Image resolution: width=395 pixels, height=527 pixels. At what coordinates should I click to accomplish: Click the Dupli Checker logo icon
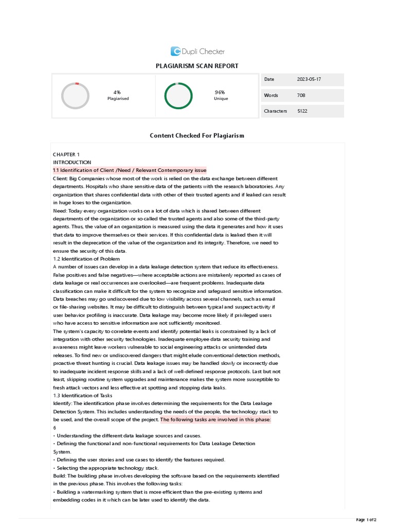click(175, 51)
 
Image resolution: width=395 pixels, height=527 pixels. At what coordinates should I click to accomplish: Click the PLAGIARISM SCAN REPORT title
click(197, 66)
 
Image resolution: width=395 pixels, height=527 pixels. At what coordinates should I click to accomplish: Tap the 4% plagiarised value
click(117, 92)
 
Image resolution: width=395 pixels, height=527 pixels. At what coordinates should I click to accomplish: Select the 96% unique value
click(220, 92)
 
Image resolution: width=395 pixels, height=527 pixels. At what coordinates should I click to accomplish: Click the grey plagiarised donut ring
click(75, 96)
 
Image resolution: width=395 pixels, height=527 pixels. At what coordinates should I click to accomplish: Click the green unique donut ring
click(178, 96)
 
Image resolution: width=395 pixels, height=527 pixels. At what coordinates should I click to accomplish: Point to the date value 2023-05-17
click(309, 79)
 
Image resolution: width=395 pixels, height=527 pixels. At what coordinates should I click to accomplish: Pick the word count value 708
click(301, 95)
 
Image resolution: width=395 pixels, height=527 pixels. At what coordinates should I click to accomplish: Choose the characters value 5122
click(302, 111)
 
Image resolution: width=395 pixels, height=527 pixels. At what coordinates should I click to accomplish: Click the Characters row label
click(276, 111)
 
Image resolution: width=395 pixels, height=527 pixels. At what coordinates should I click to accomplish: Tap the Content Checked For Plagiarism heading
click(197, 135)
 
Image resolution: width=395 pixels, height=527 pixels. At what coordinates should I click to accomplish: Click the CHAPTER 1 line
click(66, 154)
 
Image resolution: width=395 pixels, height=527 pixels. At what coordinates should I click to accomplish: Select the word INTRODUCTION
click(72, 162)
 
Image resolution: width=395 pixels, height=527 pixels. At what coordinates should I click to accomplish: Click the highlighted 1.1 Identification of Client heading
click(129, 170)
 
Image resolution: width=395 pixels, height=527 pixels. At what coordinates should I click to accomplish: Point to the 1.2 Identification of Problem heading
click(86, 258)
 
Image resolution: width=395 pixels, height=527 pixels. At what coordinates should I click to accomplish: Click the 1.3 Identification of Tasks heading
click(82, 395)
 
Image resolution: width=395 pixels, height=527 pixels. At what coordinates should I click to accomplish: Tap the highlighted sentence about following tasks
click(216, 419)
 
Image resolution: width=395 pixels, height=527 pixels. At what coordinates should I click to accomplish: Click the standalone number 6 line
click(55, 428)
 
